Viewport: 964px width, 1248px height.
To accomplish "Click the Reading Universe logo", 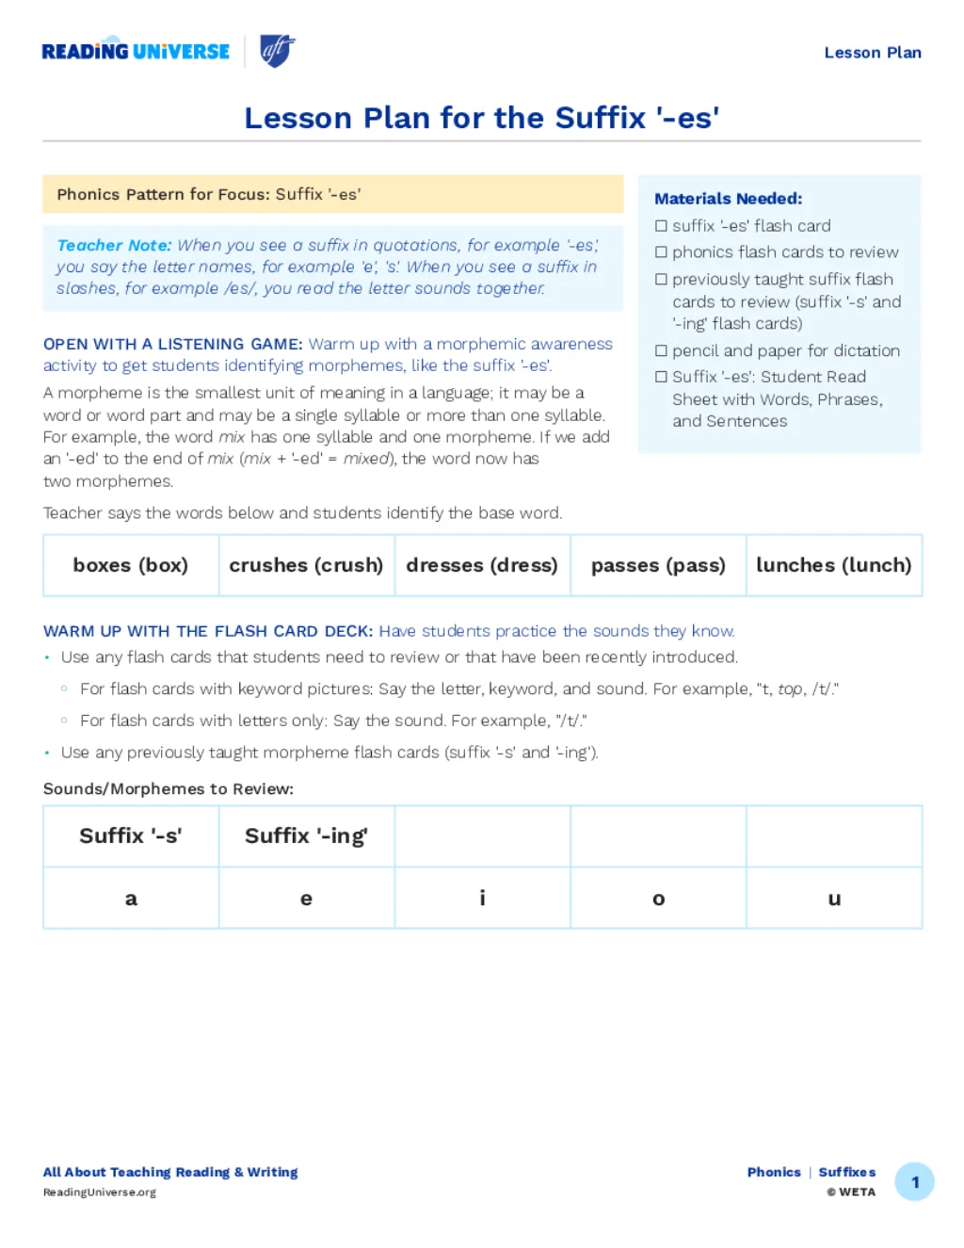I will [x=136, y=52].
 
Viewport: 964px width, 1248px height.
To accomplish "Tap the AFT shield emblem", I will [x=277, y=51].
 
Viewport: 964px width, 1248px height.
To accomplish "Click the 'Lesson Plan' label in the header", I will [x=872, y=53].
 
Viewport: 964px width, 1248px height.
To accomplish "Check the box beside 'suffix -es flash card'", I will [x=661, y=226].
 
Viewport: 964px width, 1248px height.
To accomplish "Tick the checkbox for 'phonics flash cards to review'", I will [x=661, y=252].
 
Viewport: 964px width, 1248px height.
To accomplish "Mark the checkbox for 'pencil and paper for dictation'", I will [x=661, y=351].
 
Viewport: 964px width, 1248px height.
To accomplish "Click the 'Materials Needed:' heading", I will [x=728, y=199].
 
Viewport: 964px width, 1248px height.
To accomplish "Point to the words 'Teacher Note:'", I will [x=114, y=245].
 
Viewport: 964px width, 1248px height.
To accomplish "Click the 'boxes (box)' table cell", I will [x=131, y=565].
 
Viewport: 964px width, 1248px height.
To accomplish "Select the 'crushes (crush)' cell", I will [x=306, y=565].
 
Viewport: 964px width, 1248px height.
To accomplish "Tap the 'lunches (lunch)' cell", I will [x=833, y=565].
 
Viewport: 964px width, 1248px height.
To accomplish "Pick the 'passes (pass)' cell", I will [x=658, y=565].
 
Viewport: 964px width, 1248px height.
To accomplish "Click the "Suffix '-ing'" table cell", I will [x=306, y=835].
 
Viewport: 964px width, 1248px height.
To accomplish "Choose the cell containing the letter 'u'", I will [x=834, y=899].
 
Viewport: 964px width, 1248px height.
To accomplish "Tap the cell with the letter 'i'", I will [x=482, y=899].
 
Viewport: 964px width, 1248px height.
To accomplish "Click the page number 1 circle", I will [x=914, y=1182].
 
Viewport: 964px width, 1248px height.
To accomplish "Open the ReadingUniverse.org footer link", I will [x=100, y=1192].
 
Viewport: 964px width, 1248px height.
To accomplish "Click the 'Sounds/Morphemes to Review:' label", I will [x=169, y=788].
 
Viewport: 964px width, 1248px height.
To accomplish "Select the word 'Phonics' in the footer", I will [x=774, y=1173].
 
